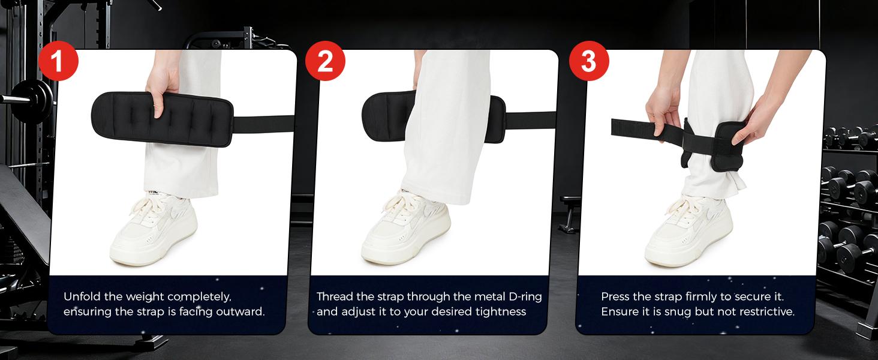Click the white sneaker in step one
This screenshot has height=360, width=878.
click(154, 231)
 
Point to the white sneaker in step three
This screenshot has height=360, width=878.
click(688, 231)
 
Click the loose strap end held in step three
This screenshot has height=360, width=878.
click(627, 128)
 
